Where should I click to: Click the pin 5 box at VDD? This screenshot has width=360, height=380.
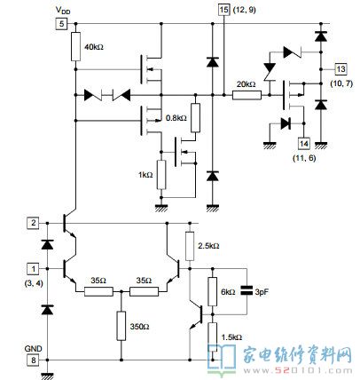61,24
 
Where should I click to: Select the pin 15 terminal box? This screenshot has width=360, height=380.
223,10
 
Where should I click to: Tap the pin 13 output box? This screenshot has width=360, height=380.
340,69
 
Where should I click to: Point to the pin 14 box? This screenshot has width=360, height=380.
304,144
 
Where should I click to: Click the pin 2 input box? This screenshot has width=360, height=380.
33,223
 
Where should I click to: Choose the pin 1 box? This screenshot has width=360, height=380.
33,269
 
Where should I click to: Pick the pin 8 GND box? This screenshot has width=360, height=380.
33,360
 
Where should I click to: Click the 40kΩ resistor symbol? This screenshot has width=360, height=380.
75,47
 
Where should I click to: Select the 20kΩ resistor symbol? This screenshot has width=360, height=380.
247,95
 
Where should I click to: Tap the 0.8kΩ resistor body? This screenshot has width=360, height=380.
195,117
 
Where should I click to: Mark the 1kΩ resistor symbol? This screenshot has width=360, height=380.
161,175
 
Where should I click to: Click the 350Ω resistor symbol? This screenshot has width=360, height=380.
121,326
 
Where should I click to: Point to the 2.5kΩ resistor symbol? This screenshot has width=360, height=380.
190,246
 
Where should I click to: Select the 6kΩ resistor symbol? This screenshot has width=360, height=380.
212,291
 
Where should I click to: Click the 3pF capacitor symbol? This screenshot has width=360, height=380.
247,290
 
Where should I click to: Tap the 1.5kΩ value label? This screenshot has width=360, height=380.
231,337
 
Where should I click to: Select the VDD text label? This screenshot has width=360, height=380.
63,11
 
